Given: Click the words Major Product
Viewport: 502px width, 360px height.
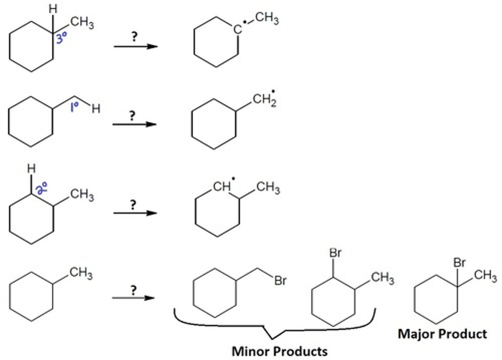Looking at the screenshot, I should click(442, 334).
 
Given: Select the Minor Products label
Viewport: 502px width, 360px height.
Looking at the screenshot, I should click(280, 351).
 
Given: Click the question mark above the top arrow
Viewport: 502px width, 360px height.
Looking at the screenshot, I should click(134, 36).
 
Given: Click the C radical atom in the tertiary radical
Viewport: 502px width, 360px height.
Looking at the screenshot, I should click(238, 29).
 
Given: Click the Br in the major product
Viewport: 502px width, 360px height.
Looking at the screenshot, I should click(460, 262).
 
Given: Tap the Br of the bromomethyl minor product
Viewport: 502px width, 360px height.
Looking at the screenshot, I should click(280, 281).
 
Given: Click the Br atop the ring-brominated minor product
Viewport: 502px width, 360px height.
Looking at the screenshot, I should click(335, 253).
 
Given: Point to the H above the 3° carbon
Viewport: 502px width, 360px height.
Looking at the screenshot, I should click(53, 9).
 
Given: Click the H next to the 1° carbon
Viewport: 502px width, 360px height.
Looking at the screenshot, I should click(96, 109).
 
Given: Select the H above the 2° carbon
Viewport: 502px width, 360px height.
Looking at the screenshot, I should click(31, 169).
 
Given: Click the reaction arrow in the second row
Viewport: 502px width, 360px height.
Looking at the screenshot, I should click(134, 124).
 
